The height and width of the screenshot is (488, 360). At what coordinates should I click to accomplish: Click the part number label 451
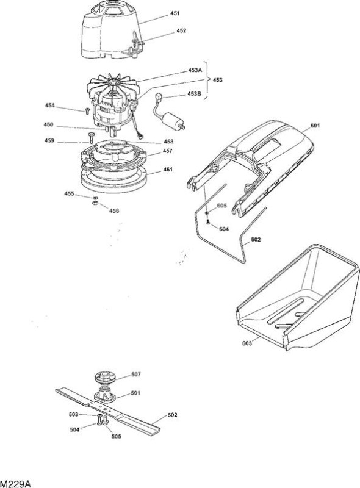tap(175, 13)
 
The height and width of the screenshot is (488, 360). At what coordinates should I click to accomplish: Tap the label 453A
tap(195, 70)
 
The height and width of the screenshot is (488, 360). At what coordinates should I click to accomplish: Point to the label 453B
tap(194, 94)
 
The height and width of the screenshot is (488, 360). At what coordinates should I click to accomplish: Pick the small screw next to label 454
tap(87, 110)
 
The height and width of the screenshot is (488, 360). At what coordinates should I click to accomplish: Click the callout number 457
tap(168, 151)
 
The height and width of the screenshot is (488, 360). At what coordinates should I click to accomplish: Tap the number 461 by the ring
tap(168, 170)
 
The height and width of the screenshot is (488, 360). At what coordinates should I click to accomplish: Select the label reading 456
tap(114, 211)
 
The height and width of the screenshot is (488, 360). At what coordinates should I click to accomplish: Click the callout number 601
tap(315, 126)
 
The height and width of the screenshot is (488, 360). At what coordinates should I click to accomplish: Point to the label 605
tap(221, 206)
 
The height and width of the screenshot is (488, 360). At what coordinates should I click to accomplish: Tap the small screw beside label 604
tap(207, 222)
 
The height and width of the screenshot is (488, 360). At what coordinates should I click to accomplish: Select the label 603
tap(247, 343)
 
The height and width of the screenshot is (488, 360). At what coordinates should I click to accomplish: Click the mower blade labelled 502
tap(108, 411)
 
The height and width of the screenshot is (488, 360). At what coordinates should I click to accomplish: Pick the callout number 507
tap(136, 375)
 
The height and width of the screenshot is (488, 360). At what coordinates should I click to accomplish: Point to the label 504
tap(74, 430)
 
